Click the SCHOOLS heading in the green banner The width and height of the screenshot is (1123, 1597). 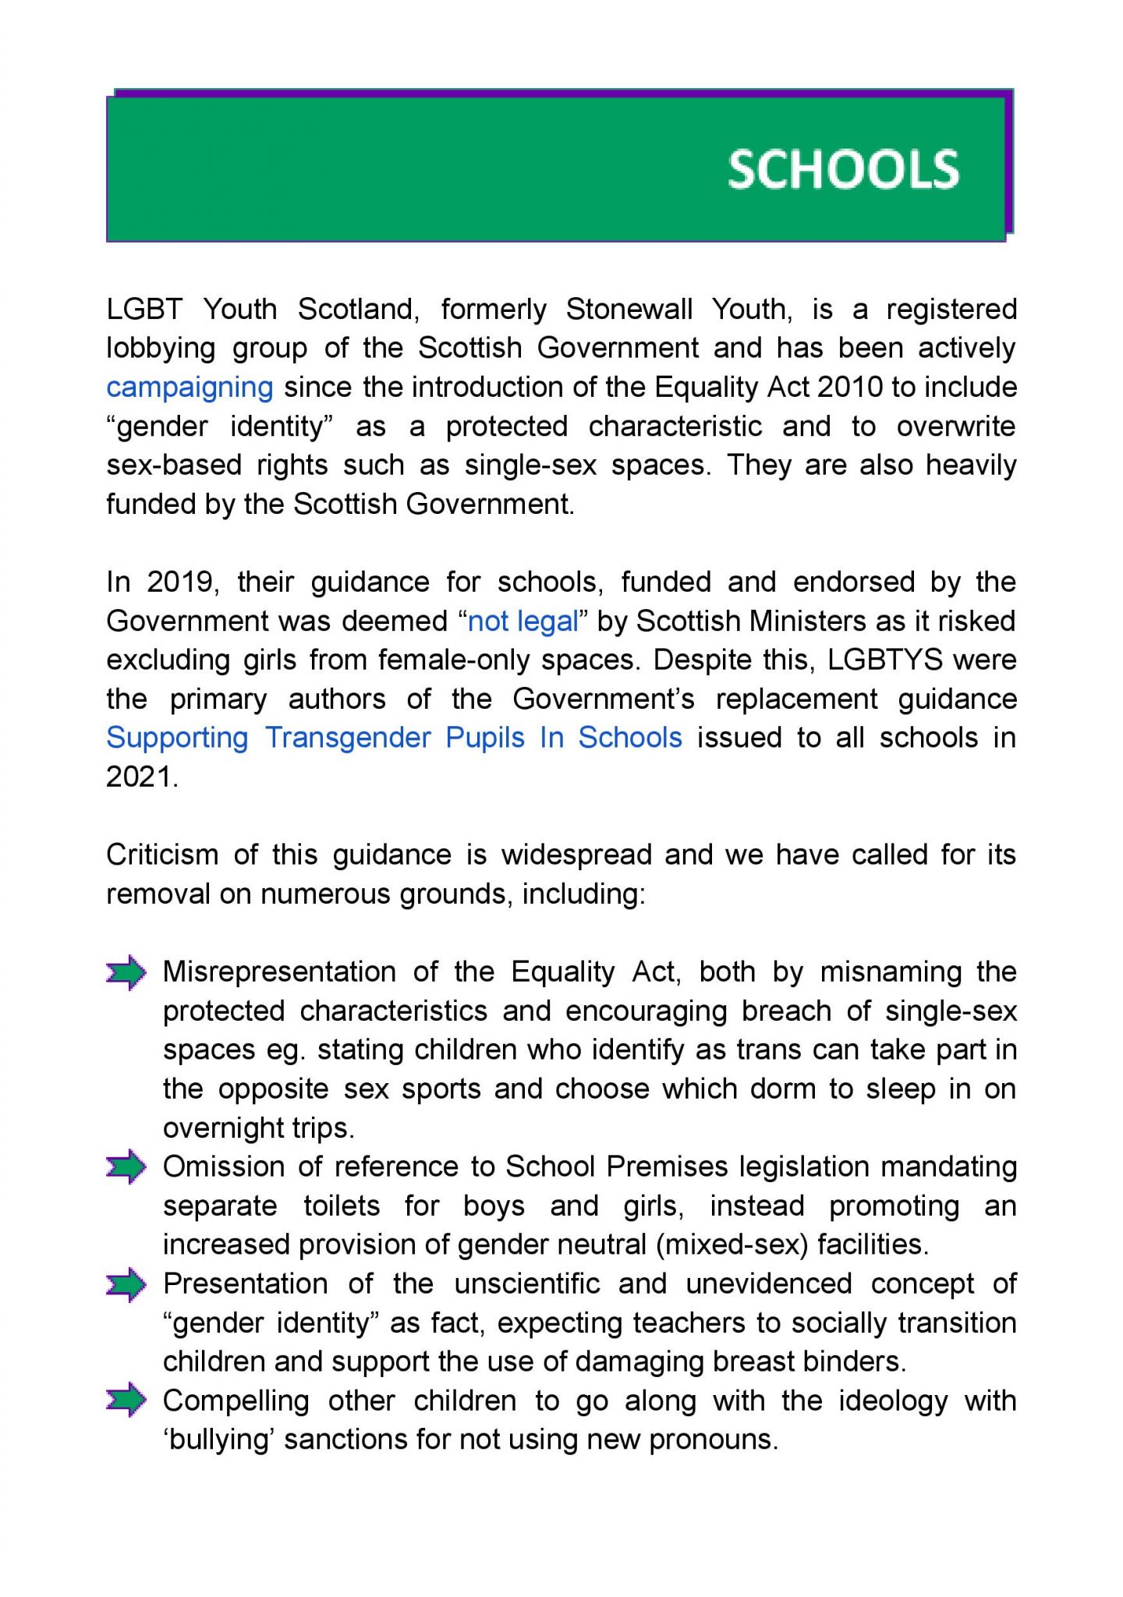[x=843, y=170]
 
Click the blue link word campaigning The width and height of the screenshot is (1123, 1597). [x=190, y=387]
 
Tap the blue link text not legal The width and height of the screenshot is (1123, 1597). [x=523, y=621]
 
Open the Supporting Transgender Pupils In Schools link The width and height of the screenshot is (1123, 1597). [x=394, y=738]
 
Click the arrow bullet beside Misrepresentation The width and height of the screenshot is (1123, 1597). [x=126, y=972]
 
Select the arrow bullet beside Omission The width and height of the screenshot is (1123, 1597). [x=126, y=1167]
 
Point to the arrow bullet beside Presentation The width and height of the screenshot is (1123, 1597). [x=126, y=1284]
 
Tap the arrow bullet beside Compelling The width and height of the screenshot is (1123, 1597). [x=126, y=1401]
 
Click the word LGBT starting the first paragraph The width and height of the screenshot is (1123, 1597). [x=144, y=310]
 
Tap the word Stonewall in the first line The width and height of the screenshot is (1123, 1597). [x=629, y=310]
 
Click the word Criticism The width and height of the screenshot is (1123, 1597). [x=161, y=855]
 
